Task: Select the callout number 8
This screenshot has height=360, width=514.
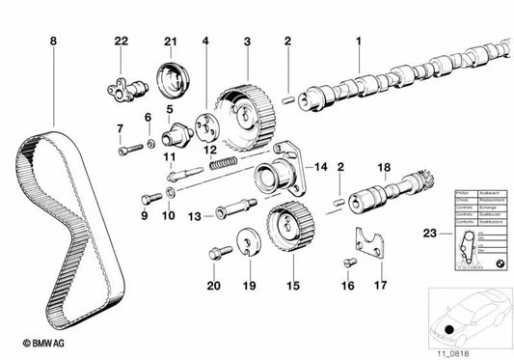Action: point(53,42)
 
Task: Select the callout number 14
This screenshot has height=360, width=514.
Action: point(322,167)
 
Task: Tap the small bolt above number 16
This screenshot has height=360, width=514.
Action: point(346,262)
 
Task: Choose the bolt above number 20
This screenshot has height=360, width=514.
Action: point(217,253)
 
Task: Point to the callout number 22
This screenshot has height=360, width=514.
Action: point(121,42)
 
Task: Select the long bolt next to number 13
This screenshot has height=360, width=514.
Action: point(236,207)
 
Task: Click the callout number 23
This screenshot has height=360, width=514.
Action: point(430,232)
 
